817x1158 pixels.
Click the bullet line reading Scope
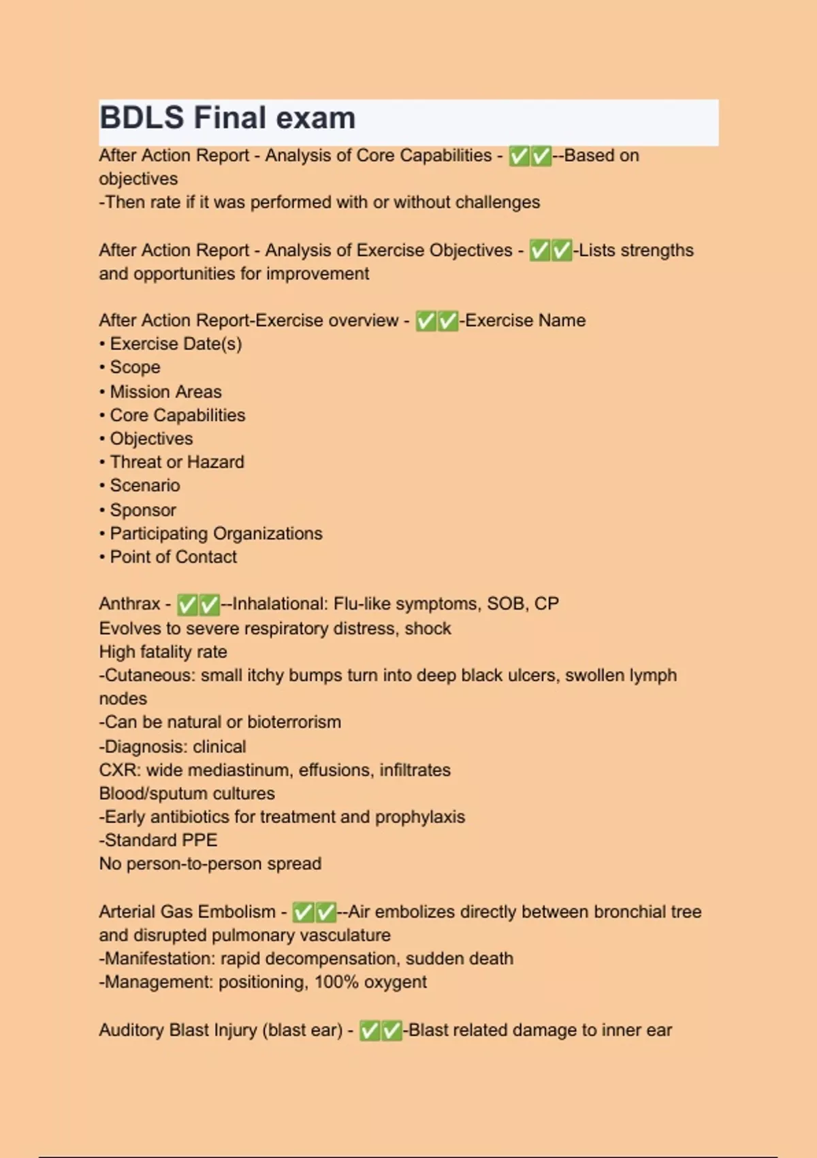tap(135, 367)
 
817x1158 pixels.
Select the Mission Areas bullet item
tap(165, 392)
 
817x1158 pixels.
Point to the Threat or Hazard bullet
tap(176, 462)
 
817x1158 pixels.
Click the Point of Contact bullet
tap(173, 557)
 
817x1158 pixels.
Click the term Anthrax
tap(129, 604)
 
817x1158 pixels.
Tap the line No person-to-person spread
tap(210, 864)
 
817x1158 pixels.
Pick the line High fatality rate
tap(163, 652)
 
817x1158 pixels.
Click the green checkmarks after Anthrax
tap(198, 604)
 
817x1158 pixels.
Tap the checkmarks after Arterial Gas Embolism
tap(314, 912)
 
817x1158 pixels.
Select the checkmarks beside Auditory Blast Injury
tap(381, 1031)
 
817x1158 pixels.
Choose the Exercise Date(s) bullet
tap(176, 344)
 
